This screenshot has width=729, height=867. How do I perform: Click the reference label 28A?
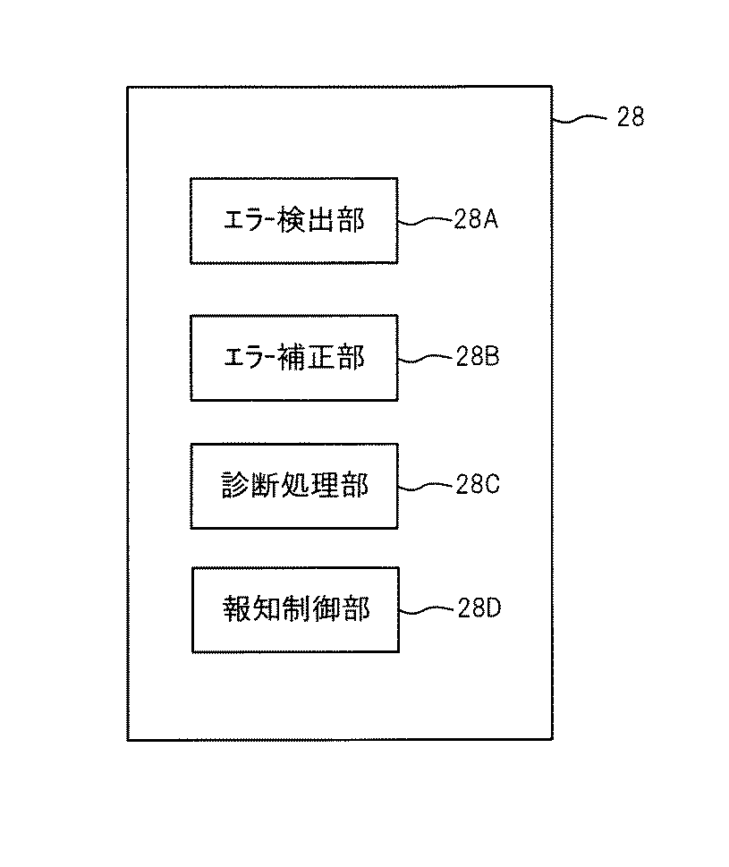point(476,219)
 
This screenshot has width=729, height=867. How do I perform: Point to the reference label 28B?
point(476,357)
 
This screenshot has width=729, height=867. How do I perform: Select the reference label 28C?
point(476,485)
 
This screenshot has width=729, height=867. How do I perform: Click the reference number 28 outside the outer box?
point(630,117)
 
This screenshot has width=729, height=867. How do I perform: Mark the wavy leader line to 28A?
point(425,220)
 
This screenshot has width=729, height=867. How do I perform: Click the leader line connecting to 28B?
point(425,358)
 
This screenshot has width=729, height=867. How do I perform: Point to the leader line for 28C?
point(425,486)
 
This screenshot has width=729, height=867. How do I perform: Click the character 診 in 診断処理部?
point(235,486)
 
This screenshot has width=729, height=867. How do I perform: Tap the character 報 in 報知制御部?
point(237,610)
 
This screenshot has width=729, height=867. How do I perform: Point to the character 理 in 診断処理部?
point(324,486)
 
